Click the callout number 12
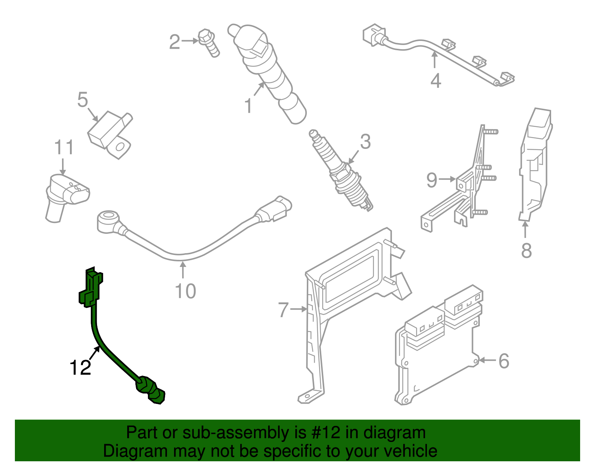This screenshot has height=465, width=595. [x=80, y=367]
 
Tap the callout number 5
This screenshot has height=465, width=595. [x=83, y=100]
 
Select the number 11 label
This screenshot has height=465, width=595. [x=64, y=148]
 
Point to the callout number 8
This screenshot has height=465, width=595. [x=526, y=251]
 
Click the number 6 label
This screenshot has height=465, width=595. [x=504, y=361]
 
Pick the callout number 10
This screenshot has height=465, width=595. [x=185, y=291]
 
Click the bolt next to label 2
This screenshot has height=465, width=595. [x=209, y=43]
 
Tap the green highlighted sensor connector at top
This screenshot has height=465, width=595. [x=91, y=287]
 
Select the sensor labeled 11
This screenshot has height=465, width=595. [x=66, y=194]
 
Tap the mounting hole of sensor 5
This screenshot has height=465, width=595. [x=120, y=147]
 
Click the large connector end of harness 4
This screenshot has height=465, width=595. [x=373, y=35]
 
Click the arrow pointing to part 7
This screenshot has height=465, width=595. [x=299, y=309]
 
